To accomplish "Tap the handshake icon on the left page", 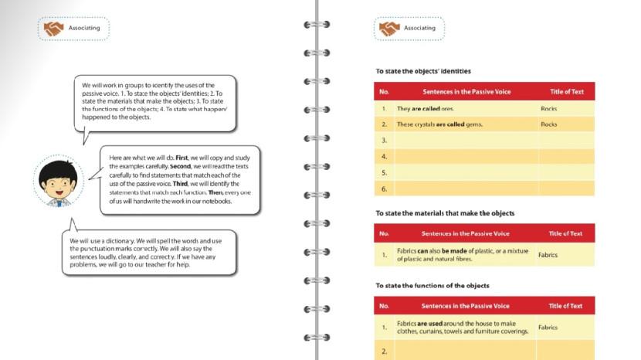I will pyautogui.click(x=53, y=29).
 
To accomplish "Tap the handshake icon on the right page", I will pyautogui.click(x=388, y=29).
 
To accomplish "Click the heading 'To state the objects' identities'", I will pyautogui.click(x=422, y=71).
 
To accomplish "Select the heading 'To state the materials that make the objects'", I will pyautogui.click(x=445, y=213).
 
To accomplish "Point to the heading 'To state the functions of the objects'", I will pyautogui.click(x=432, y=285).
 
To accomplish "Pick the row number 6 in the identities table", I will pyautogui.click(x=384, y=188).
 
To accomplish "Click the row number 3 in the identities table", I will pyautogui.click(x=384, y=141).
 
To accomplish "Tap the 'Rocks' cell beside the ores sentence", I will pyautogui.click(x=549, y=109).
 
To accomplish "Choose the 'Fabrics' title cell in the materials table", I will pyautogui.click(x=548, y=255).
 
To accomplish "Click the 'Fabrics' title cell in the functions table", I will pyautogui.click(x=548, y=328).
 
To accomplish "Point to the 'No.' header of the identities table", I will pyautogui.click(x=384, y=91).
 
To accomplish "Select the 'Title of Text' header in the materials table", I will pyautogui.click(x=565, y=233).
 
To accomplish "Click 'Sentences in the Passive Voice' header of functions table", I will pyautogui.click(x=465, y=306).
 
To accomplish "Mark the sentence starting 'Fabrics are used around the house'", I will pyautogui.click(x=463, y=328).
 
